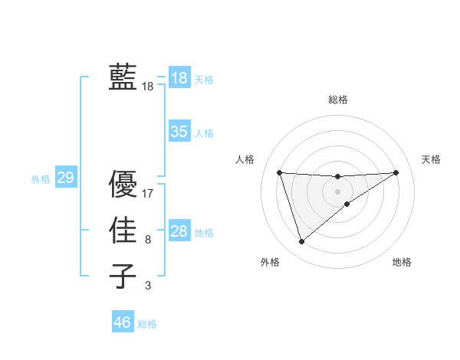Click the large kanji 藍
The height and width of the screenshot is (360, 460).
click(123, 77)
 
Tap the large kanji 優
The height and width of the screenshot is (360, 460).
click(123, 185)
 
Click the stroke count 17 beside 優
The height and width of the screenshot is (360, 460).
click(148, 194)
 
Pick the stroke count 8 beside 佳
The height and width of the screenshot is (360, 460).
click(148, 240)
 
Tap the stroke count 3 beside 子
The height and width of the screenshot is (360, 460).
click(148, 286)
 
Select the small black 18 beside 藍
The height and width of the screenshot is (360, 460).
click(148, 87)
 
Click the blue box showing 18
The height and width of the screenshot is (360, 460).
click(179, 77)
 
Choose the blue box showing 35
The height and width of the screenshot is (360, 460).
click(179, 131)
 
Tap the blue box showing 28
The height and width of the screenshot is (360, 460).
click(179, 231)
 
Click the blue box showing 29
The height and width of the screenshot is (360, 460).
click(65, 178)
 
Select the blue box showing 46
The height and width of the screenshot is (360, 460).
click(122, 322)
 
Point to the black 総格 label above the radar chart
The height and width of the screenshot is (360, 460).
click(338, 100)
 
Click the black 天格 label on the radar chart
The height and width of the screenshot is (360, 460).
click(431, 159)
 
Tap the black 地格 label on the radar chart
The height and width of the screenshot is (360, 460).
click(402, 262)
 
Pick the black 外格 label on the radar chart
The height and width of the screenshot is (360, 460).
click(270, 262)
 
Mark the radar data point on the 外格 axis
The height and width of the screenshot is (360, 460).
click(301, 242)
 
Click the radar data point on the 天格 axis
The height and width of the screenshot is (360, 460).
click(396, 172)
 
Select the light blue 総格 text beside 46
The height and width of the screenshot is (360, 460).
click(148, 324)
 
